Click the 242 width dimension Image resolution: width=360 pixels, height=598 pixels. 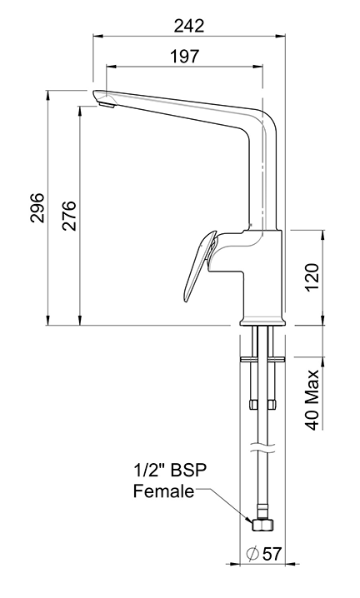[189, 26]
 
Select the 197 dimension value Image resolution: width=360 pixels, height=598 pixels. [183, 57]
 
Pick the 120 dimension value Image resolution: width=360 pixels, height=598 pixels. [312, 277]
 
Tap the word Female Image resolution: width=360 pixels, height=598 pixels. [163, 491]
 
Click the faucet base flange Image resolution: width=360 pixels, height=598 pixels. [262, 321]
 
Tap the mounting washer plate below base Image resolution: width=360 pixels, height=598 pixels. [262, 359]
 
